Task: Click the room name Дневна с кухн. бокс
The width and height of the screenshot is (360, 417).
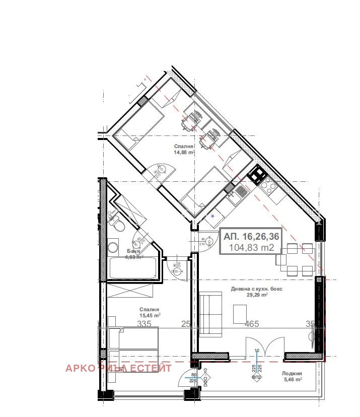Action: (256, 289)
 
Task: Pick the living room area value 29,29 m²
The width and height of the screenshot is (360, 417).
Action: (256, 296)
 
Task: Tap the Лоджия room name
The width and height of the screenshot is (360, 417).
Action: (292, 374)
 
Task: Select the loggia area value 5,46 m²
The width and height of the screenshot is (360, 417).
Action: (292, 380)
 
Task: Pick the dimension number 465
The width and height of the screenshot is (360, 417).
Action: (252, 324)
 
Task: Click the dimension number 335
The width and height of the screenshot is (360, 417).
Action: (145, 324)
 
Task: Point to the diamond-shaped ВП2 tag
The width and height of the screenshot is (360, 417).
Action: (256, 377)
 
